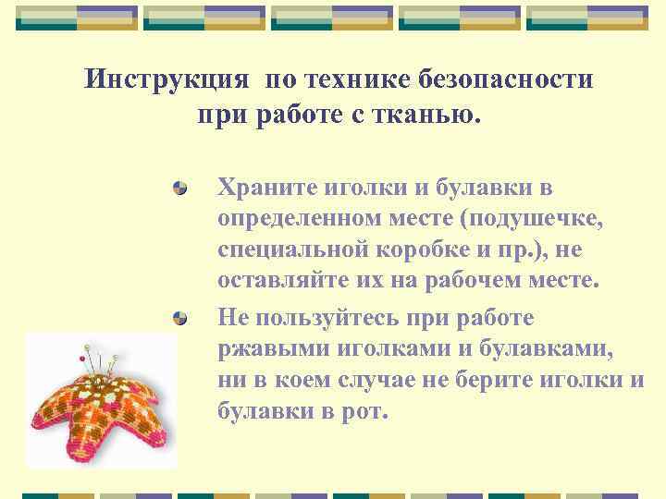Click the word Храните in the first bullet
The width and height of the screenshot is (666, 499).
267,189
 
